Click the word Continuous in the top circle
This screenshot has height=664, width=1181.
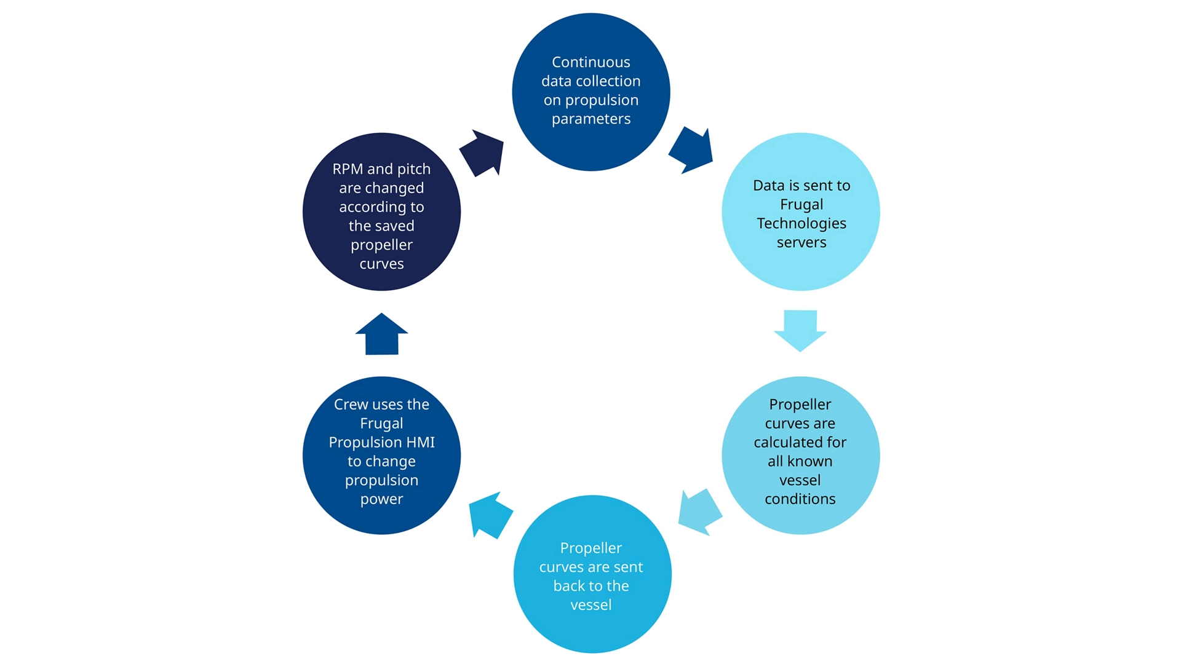pos(590,62)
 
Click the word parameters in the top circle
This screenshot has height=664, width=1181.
pos(590,119)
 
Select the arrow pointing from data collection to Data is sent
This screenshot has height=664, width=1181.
pos(691,150)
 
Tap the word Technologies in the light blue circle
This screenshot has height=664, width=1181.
pos(801,223)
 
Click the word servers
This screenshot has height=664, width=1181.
pos(801,242)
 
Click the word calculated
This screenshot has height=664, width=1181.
pos(800,442)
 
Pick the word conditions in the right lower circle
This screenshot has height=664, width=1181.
pos(800,499)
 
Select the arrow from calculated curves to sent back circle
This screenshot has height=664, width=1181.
pos(699,512)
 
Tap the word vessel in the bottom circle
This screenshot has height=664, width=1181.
pos(590,605)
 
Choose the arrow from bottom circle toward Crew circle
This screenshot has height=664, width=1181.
pos(490,515)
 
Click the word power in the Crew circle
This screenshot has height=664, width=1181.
pos(381,499)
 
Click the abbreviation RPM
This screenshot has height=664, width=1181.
pos(348,169)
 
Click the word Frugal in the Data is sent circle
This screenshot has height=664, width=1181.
pos(801,204)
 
